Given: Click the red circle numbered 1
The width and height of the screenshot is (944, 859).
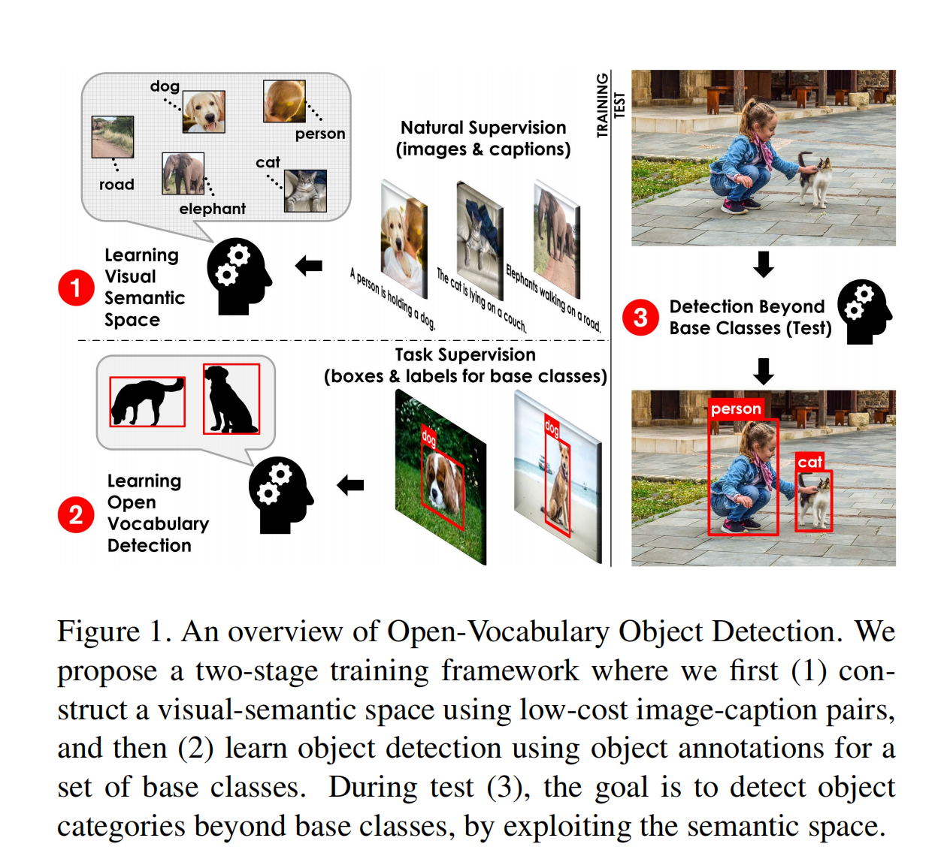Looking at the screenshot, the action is point(76,288).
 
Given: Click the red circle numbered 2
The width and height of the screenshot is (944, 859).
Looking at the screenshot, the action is point(76,514).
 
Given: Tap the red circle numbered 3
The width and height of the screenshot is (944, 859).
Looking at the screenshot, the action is point(640,317).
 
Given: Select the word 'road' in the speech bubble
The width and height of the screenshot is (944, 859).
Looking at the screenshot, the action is point(116,185).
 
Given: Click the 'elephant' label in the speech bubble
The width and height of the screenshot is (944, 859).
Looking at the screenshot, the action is point(212,209).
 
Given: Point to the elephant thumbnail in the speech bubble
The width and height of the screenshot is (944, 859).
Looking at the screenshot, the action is point(183,173).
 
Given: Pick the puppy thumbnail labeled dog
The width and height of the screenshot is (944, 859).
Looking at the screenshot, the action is point(204,112).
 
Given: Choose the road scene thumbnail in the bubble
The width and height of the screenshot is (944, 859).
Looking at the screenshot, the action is point(113,137).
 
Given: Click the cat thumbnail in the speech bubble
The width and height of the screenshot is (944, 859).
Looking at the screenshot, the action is point(305,190).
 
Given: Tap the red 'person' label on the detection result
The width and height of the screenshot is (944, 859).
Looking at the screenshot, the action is point(736,408).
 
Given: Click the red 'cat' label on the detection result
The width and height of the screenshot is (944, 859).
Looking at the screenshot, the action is point(809,462).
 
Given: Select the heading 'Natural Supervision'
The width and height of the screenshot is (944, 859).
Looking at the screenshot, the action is point(483,128).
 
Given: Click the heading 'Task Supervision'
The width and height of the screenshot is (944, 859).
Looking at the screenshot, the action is point(465,354).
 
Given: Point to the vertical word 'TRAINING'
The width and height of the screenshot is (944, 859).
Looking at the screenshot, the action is point(602,105).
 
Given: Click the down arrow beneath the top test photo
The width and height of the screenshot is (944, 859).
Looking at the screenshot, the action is point(764,264).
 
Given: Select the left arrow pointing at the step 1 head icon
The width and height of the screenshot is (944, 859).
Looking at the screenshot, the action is point(309,265).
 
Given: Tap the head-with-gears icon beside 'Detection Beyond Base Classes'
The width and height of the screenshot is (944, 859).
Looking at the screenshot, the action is point(864,312).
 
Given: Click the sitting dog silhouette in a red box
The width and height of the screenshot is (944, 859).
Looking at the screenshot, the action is point(231,399).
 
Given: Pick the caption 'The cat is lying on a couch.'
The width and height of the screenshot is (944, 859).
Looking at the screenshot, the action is point(481,300).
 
